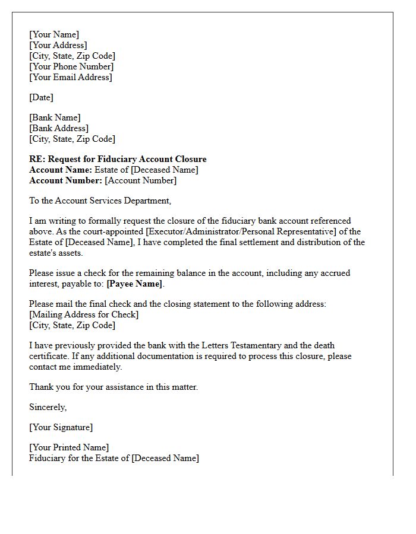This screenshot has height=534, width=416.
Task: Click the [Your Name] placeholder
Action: click(54, 34)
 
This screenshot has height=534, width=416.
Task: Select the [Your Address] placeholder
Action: click(58, 45)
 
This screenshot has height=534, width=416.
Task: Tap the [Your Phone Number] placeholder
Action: click(71, 66)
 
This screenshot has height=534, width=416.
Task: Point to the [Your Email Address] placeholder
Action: click(71, 77)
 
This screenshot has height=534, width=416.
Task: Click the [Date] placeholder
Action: click(41, 97)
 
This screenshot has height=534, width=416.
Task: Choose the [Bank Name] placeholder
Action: click(55, 117)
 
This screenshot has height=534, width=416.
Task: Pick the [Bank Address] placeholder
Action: click(59, 128)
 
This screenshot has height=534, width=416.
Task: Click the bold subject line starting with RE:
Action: click(118, 159)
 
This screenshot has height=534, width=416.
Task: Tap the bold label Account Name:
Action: click(61, 170)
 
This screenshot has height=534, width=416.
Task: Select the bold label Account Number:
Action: click(66, 180)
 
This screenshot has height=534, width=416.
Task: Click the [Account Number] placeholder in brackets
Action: click(141, 180)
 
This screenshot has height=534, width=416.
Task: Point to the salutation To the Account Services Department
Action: click(100, 201)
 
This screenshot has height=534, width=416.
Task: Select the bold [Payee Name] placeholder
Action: click(134, 284)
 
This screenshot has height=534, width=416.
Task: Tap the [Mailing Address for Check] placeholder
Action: click(84, 314)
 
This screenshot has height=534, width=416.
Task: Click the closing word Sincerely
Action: click(48, 407)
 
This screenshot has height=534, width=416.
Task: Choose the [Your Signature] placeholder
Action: click(61, 427)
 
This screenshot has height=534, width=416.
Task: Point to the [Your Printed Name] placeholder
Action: click(69, 447)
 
